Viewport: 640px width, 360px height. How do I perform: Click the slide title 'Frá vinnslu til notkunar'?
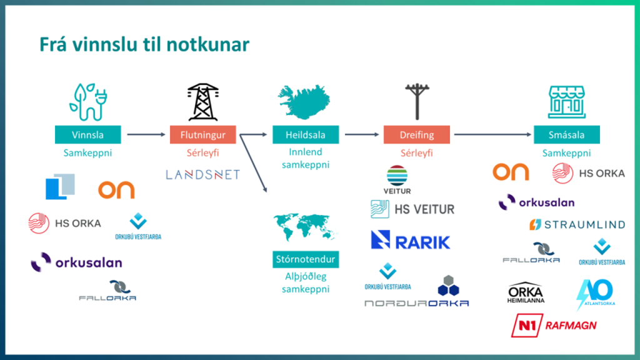tap(144, 45)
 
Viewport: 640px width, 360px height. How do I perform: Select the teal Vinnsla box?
tap(87, 134)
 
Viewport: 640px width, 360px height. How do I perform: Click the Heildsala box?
tap(306, 134)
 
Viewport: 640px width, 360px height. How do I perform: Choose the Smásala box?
tap(567, 134)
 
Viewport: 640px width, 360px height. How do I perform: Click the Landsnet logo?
tap(202, 174)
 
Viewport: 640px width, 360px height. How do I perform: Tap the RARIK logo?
tap(410, 240)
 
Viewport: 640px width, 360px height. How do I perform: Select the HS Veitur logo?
tap(412, 209)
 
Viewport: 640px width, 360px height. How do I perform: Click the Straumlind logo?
tap(577, 224)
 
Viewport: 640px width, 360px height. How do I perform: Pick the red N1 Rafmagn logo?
tap(554, 326)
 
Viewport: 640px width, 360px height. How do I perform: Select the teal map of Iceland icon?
tap(305, 102)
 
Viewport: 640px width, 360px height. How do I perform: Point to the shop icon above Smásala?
tap(566, 102)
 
